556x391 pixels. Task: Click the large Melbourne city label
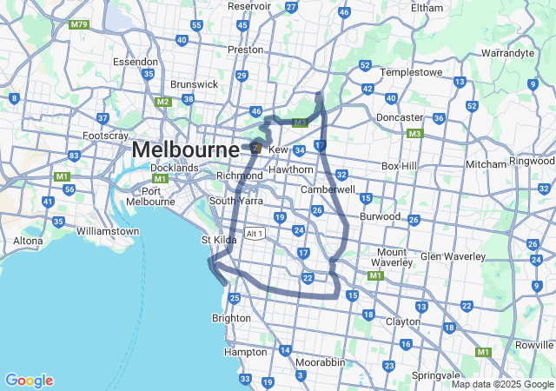185,150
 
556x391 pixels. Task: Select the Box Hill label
400,166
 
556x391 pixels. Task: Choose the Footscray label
105,136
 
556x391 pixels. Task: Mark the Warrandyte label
507,53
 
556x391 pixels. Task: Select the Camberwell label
328,189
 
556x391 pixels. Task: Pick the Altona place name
28,241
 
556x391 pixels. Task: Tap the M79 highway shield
81,24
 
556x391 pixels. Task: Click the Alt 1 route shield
255,234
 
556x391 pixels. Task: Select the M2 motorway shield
162,103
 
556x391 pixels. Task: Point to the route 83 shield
74,156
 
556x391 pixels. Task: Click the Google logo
29,381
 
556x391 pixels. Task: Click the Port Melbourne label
151,196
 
